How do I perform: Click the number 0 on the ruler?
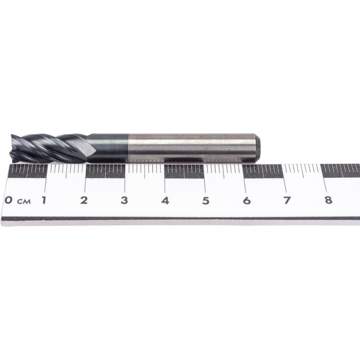point(9,200)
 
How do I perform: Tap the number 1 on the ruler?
point(44,200)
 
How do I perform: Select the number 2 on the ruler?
point(84,200)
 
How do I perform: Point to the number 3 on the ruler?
point(124,201)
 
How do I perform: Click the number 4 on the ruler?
point(165,201)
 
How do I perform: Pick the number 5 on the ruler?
point(206,201)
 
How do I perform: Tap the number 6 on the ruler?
point(247,201)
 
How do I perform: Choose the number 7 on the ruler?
point(287,201)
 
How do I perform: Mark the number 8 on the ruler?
point(328,200)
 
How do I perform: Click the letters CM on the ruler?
point(24,202)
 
